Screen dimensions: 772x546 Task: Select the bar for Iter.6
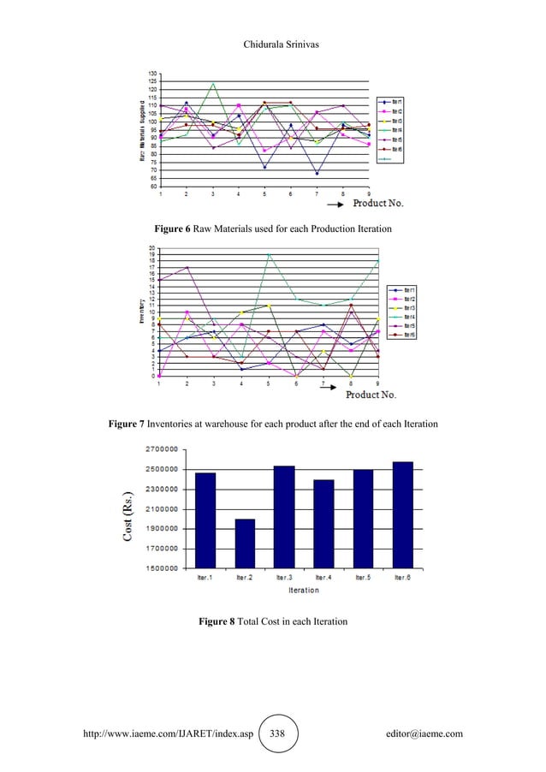[x=403, y=514]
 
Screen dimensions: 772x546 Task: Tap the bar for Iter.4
[x=324, y=523]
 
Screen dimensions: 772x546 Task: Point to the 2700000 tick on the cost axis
[x=161, y=449]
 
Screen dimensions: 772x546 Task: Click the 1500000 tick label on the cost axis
[x=161, y=568]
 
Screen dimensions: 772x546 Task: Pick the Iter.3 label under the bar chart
[x=285, y=578]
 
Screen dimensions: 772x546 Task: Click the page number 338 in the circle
[x=277, y=734]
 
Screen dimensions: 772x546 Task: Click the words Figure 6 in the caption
[x=175, y=230]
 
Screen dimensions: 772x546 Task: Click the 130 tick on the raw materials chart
[x=151, y=74]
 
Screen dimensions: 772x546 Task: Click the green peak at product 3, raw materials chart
[x=213, y=83]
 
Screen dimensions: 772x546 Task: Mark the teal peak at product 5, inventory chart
[x=268, y=254]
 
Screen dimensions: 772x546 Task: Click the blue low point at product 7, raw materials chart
[x=317, y=174]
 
